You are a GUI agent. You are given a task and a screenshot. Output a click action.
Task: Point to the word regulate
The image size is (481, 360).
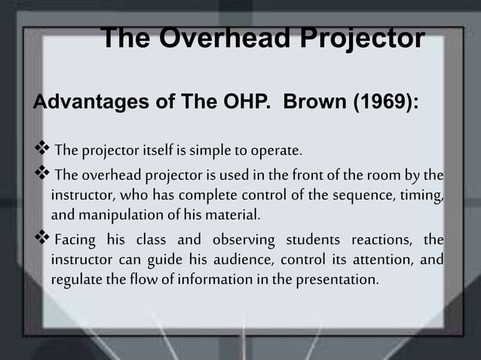coord(74,280)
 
